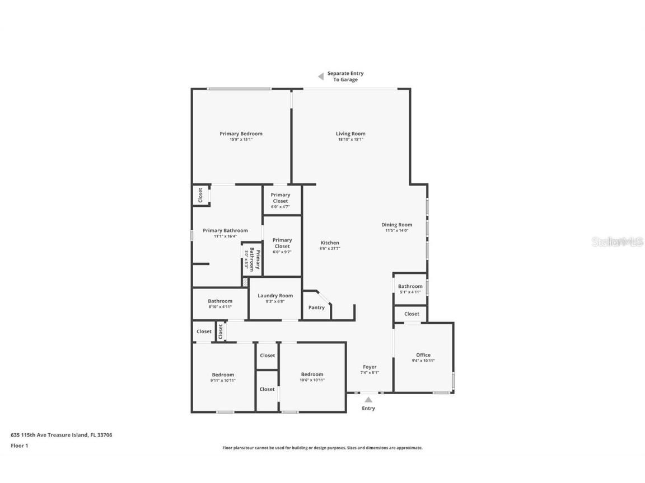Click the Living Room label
point(350,134)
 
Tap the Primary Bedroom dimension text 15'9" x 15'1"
point(241,140)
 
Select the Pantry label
point(316,307)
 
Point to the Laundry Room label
point(275,296)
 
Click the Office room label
point(423,355)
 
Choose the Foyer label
point(370,367)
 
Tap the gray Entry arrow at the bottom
point(368,399)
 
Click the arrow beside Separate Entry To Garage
point(321,76)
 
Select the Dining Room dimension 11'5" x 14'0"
point(397,231)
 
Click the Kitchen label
point(330,243)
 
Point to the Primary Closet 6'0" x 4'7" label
point(281,198)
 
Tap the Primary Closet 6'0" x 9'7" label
point(282,243)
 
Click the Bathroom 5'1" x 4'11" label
point(410,286)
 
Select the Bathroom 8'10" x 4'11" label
point(220,301)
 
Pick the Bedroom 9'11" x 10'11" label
point(223,375)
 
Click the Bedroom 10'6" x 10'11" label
point(312,375)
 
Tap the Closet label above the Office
point(412,314)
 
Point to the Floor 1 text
point(19,446)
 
